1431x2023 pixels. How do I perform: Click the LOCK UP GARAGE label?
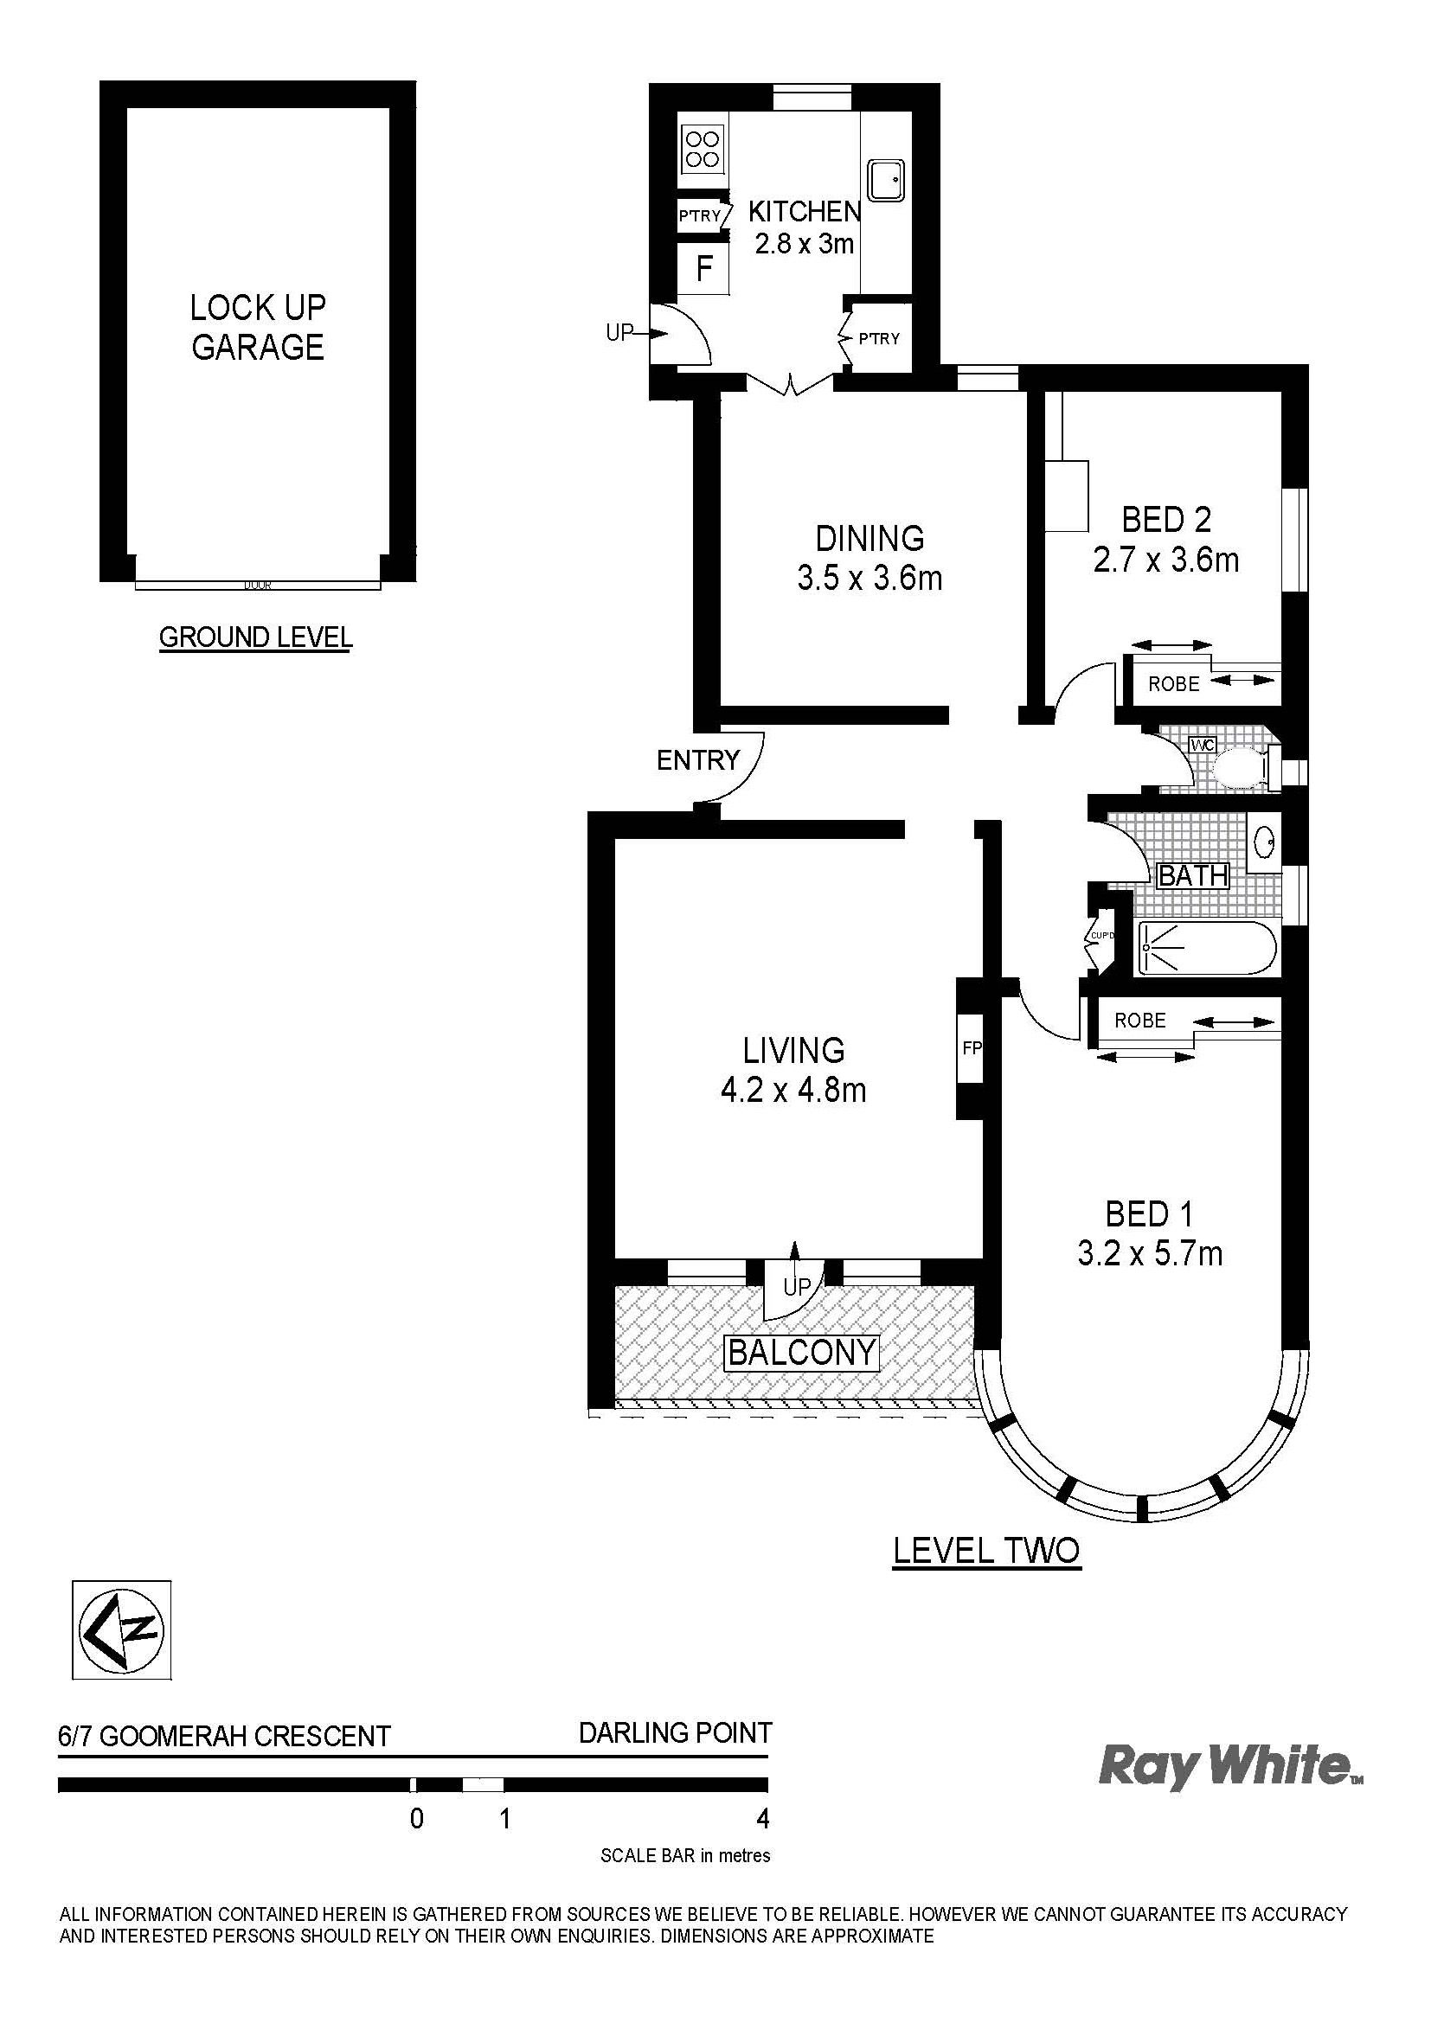click(258, 328)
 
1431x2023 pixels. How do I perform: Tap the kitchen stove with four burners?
click(703, 148)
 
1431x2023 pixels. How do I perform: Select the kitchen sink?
click(886, 179)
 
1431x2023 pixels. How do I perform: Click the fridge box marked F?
click(703, 268)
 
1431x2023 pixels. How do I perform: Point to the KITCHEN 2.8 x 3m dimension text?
click(804, 242)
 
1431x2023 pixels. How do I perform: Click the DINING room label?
click(870, 537)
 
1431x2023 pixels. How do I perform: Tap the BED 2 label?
click(1165, 520)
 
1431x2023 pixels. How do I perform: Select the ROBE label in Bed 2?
click(1174, 683)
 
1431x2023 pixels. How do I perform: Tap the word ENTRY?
click(697, 759)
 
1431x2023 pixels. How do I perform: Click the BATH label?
click(1193, 876)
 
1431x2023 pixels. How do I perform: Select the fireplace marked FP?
click(970, 1048)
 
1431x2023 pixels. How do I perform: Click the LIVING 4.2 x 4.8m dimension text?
click(793, 1091)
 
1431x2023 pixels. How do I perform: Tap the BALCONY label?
click(802, 1352)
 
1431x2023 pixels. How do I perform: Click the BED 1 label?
click(1149, 1215)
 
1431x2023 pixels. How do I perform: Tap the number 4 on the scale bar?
click(763, 1819)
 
